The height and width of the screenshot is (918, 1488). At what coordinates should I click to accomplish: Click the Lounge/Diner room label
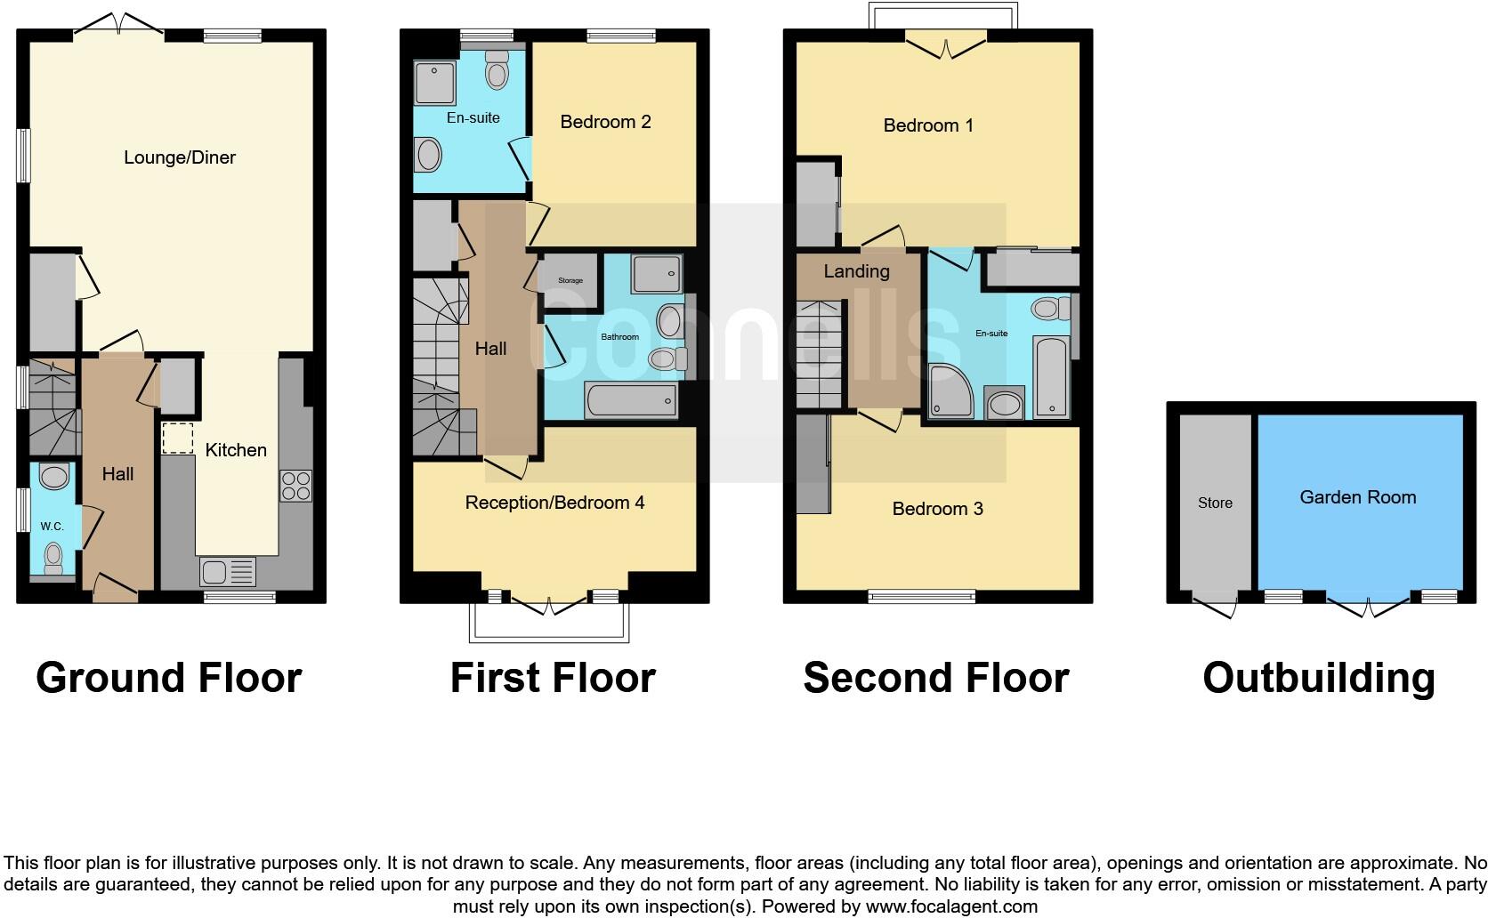(x=180, y=158)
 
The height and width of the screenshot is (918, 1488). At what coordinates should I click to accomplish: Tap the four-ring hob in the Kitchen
(x=296, y=486)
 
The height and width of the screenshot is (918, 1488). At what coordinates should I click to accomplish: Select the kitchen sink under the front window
(x=227, y=571)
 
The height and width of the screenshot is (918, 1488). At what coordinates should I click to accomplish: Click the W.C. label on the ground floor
(x=52, y=526)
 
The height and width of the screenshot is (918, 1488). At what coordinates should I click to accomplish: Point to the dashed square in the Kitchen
(x=177, y=439)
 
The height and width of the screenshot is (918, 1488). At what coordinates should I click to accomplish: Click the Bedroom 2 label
(x=605, y=122)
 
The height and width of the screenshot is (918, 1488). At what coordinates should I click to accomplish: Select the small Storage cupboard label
(x=570, y=281)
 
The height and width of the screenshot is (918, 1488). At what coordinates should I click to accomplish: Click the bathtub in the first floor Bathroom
(x=631, y=402)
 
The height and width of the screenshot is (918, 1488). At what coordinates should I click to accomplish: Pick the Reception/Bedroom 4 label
(x=554, y=503)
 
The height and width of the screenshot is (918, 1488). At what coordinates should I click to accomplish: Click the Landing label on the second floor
(x=856, y=271)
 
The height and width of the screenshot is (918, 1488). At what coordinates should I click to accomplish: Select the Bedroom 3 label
(x=937, y=509)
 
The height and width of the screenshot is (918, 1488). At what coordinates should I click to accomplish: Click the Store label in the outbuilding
(x=1215, y=503)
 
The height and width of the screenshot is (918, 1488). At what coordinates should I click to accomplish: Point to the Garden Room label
(x=1357, y=497)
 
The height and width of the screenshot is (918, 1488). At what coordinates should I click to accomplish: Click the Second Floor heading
(x=935, y=678)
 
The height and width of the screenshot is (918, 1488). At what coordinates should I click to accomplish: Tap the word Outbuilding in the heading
(x=1318, y=678)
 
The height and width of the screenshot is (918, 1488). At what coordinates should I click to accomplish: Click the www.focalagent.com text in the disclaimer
(x=951, y=907)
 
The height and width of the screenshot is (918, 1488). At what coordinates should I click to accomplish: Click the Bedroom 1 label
(x=928, y=125)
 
